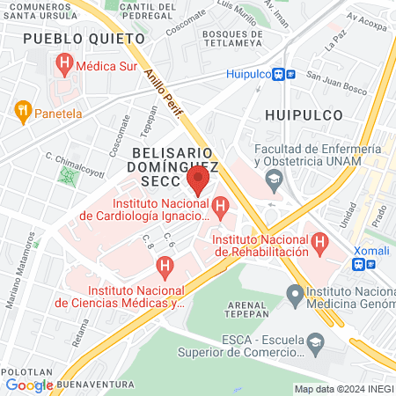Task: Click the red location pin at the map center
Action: coord(198,182)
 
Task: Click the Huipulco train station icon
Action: coord(283,75)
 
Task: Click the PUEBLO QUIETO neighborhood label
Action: coord(84,39)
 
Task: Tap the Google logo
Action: coord(29,385)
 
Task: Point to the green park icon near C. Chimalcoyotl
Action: coord(67,175)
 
